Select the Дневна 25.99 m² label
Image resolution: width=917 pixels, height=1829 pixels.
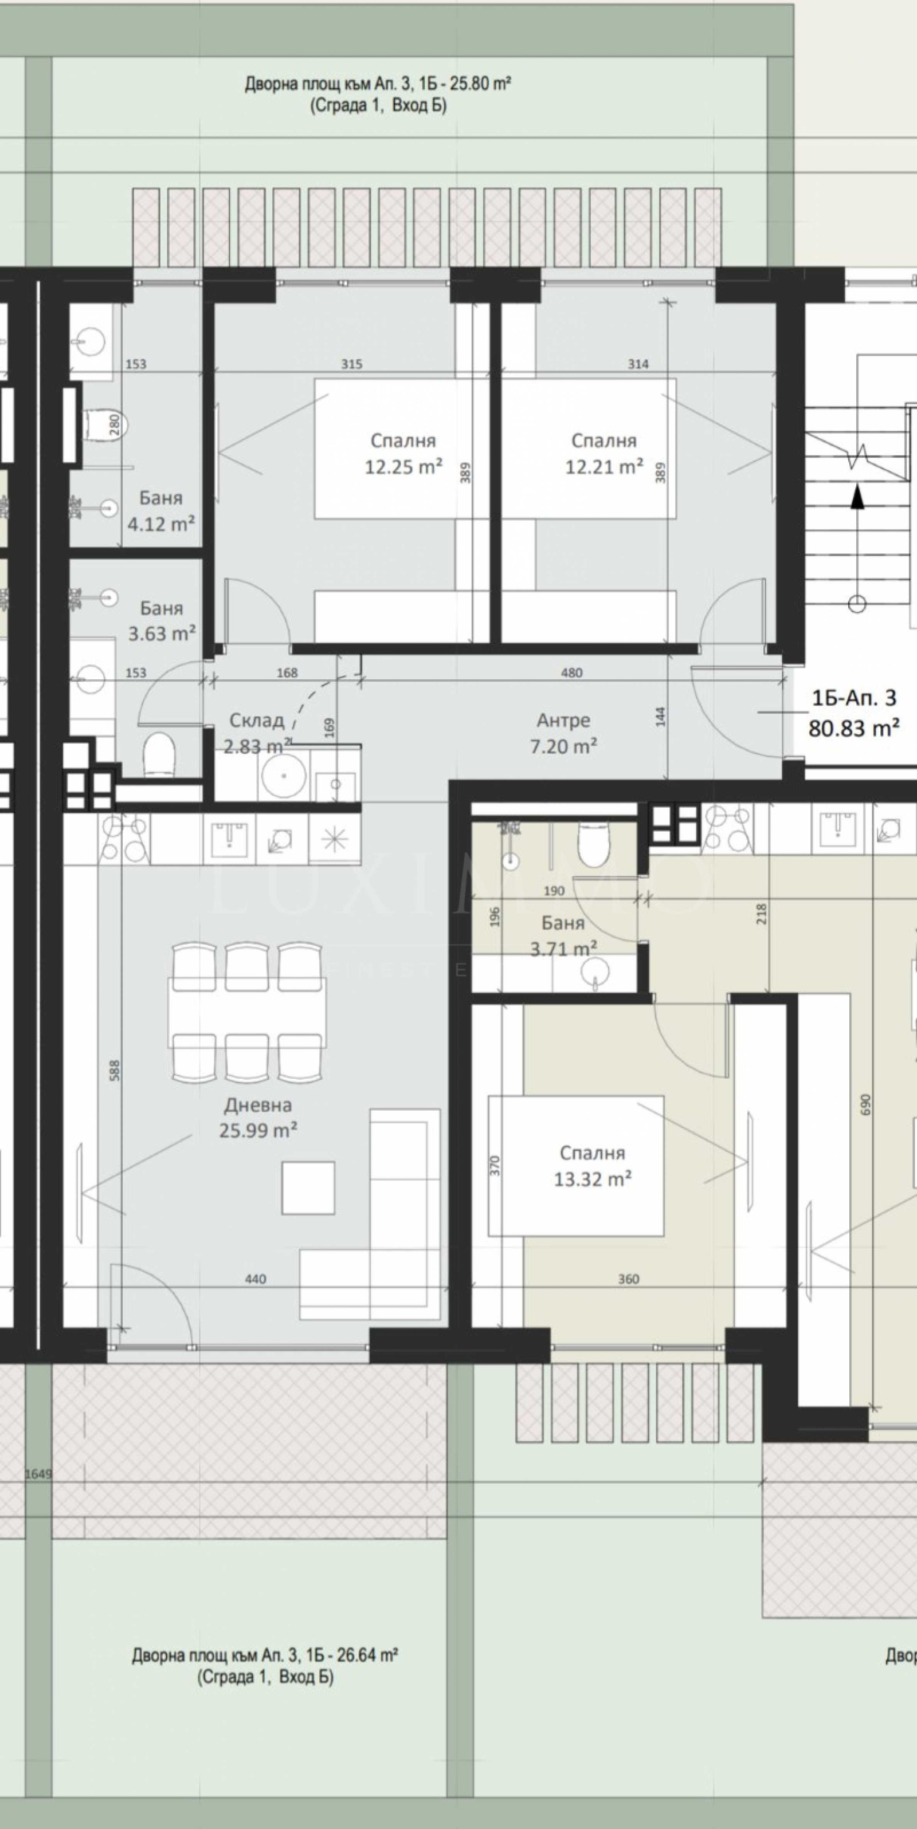pos(258,1118)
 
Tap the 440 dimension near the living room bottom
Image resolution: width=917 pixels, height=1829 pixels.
pos(255,1279)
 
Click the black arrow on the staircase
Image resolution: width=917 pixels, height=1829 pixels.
pos(858,496)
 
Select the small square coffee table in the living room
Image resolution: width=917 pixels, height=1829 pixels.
pos(308,1188)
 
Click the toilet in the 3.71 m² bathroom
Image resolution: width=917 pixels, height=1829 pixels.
pos(591,844)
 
